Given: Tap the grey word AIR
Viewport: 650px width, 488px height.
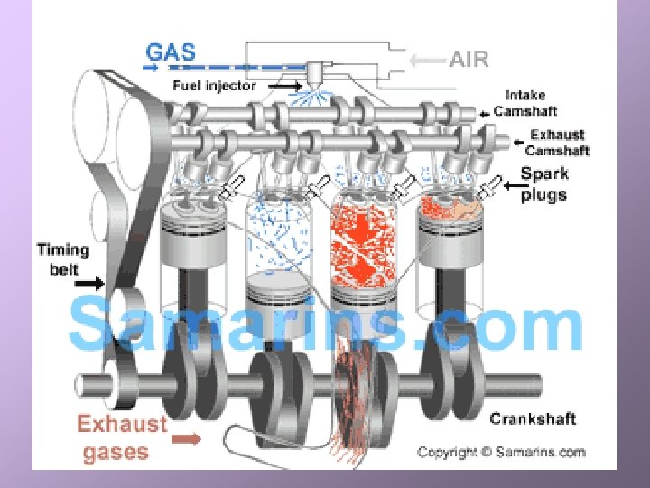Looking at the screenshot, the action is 469,60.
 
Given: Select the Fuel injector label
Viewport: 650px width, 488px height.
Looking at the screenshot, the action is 215,86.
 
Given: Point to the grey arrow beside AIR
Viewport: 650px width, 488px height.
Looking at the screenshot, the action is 426,61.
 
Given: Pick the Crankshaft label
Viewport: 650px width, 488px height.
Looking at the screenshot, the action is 533,419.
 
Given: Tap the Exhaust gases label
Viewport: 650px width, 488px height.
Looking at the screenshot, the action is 123,438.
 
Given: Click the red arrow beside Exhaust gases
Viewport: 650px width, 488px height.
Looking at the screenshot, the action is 188,439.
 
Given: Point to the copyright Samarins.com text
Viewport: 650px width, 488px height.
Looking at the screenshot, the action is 501,453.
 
